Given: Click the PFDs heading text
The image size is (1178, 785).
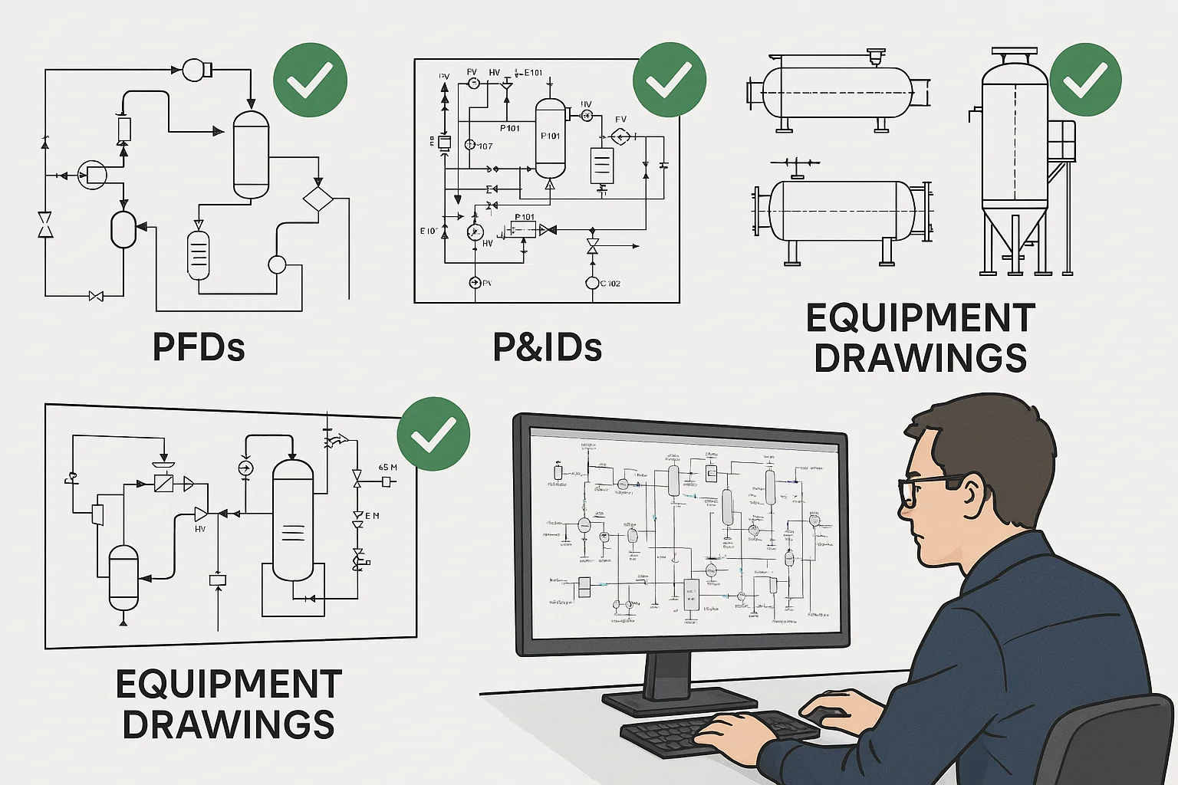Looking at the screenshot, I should pyautogui.click(x=199, y=347).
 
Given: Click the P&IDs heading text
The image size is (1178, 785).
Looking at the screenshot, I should pyautogui.click(x=547, y=347).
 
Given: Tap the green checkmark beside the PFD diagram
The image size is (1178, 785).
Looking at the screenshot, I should pyautogui.click(x=311, y=80).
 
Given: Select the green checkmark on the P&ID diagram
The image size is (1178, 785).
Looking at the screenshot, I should pyautogui.click(x=670, y=80).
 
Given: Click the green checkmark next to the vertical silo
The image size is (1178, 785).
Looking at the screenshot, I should pyautogui.click(x=1085, y=80).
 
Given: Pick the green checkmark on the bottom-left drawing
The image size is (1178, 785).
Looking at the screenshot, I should pyautogui.click(x=433, y=434).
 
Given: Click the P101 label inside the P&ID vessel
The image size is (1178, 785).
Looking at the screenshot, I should pyautogui.click(x=551, y=136).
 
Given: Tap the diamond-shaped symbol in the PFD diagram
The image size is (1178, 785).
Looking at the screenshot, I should pyautogui.click(x=318, y=199).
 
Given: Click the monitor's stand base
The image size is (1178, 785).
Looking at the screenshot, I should pyautogui.click(x=679, y=700).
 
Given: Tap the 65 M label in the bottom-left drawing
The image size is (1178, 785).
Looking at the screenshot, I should pyautogui.click(x=388, y=468).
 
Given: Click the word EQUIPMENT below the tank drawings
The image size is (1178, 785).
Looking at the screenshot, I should pyautogui.click(x=920, y=318).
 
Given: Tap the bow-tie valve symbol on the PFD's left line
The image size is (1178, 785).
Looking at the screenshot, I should pyautogui.click(x=45, y=225).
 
